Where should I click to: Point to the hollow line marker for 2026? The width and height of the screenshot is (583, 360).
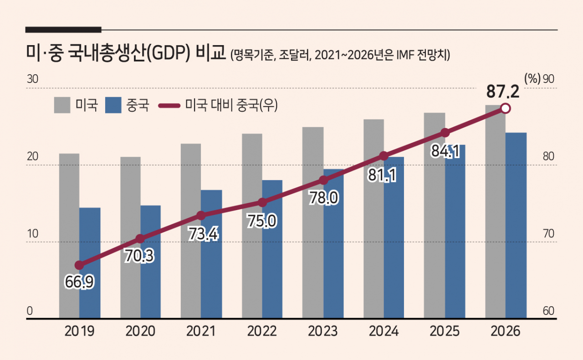coord(505,108)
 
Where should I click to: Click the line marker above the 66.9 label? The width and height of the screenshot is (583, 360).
coord(79,265)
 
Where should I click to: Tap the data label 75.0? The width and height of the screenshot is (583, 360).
coord(261,221)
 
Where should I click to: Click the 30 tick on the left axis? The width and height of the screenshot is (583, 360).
coord(32,79)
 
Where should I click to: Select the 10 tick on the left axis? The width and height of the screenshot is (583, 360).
coord(32,234)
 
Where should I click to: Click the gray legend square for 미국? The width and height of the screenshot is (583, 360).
coord(62,105)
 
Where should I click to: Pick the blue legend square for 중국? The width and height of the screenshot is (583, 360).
coord(113,105)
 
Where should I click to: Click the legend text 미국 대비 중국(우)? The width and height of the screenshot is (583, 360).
coord(231,105)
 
